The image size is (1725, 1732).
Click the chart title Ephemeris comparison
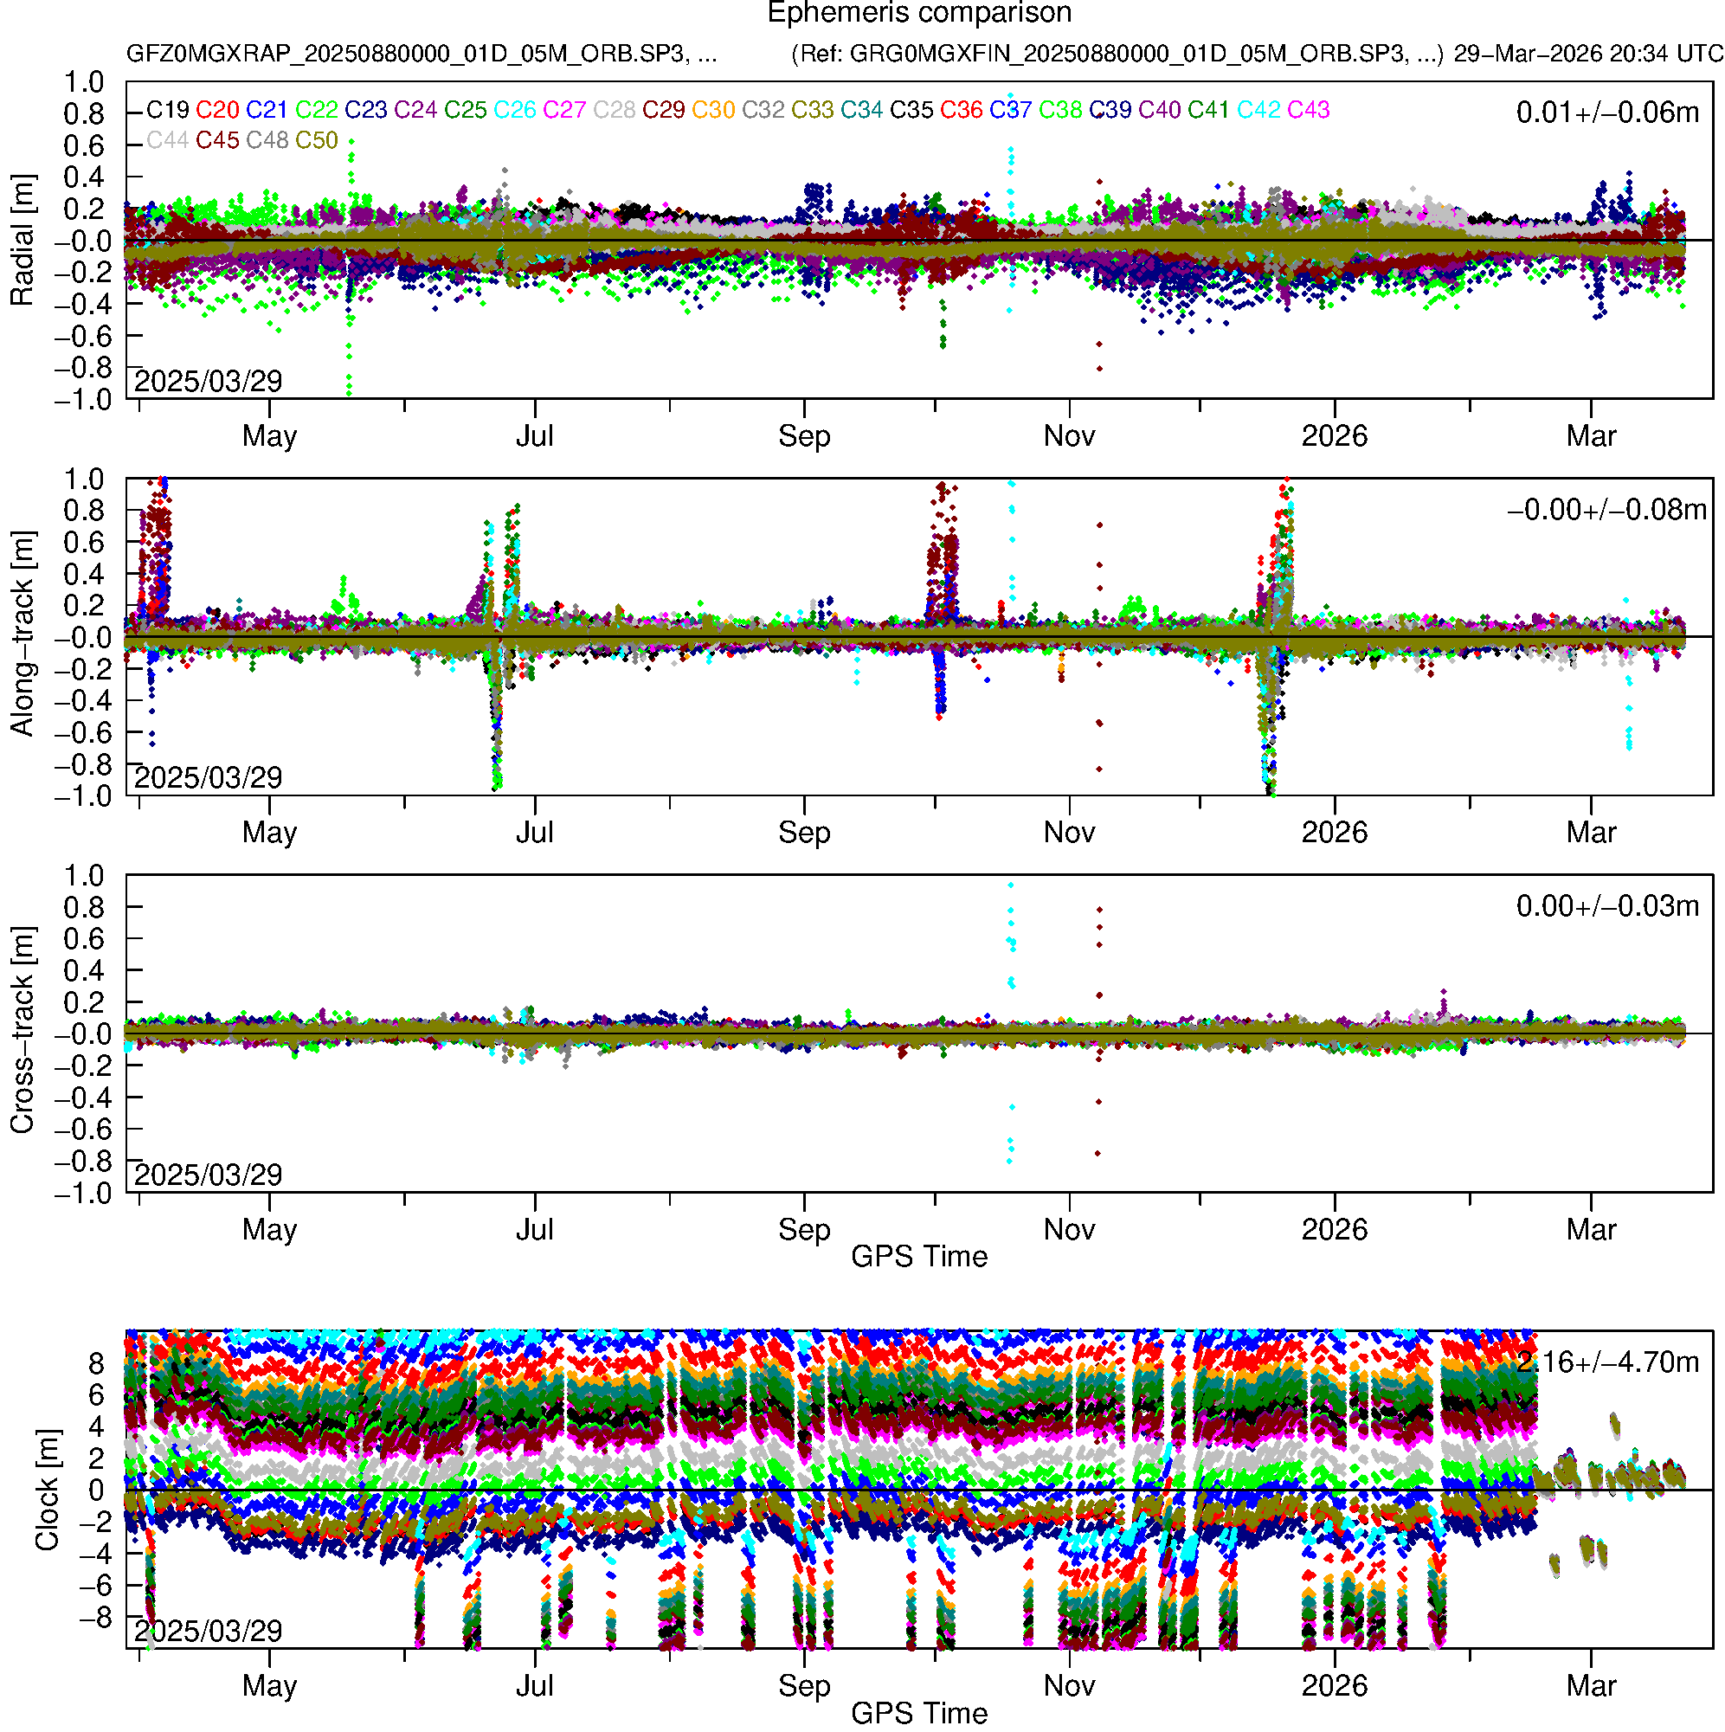pyautogui.click(x=919, y=14)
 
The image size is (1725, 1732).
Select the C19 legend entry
pyautogui.click(x=168, y=110)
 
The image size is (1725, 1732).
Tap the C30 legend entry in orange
pyautogui.click(x=713, y=110)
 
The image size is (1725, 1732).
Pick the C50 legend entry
pyautogui.click(x=317, y=141)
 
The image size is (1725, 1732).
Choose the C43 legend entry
pyautogui.click(x=1308, y=110)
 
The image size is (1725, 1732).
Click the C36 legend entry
pyautogui.click(x=961, y=110)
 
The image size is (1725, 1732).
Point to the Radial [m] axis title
pyautogui.click(x=23, y=241)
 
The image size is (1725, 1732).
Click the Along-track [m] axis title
pyautogui.click(x=23, y=634)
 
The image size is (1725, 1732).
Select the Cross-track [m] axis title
pyautogui.click(x=23, y=1031)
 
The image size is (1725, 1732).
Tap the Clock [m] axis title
pyautogui.click(x=47, y=1490)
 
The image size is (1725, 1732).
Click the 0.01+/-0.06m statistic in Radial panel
pyautogui.click(x=1606, y=113)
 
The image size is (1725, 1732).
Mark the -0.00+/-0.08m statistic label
pyautogui.click(x=1606, y=510)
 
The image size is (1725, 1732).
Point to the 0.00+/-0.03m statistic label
pyautogui.click(x=1606, y=906)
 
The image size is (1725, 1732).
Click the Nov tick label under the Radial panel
pyautogui.click(x=1069, y=436)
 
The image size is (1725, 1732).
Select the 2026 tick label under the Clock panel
pyautogui.click(x=1334, y=1686)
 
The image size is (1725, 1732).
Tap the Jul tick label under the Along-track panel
pyautogui.click(x=534, y=833)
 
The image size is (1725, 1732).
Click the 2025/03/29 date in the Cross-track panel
pyautogui.click(x=208, y=1175)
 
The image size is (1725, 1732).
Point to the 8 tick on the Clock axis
pyautogui.click(x=96, y=1363)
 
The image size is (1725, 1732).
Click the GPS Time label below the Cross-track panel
pyautogui.click(x=919, y=1257)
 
